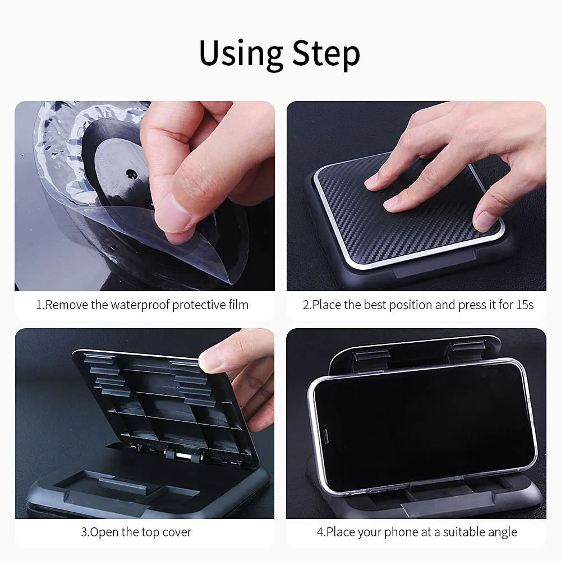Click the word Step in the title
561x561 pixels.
326,54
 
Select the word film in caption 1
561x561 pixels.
238,305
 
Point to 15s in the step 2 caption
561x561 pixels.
525,305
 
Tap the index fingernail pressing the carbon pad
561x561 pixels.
371,181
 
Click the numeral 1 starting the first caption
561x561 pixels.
39,305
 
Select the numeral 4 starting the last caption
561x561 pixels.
320,532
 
